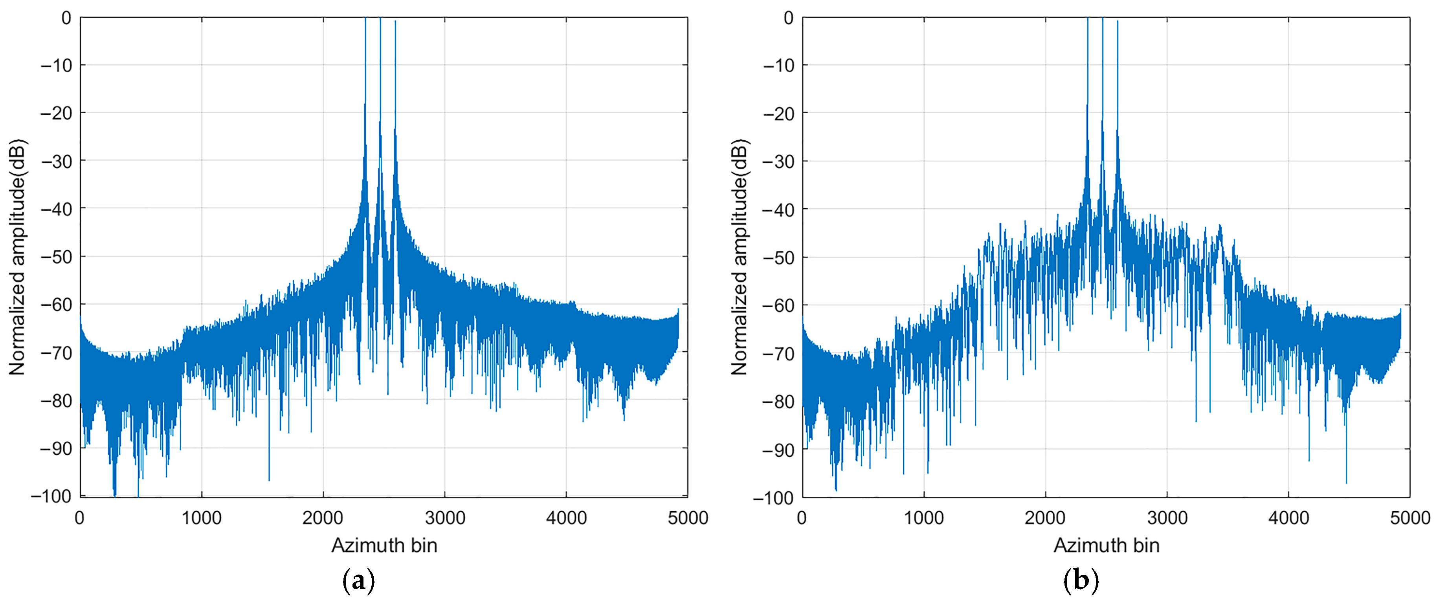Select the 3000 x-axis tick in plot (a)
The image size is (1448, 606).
click(x=445, y=518)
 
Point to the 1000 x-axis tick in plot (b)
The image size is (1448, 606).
click(x=923, y=518)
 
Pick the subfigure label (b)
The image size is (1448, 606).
click(x=1080, y=581)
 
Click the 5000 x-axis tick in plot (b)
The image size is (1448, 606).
click(x=1410, y=518)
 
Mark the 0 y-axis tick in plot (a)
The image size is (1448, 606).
click(x=66, y=18)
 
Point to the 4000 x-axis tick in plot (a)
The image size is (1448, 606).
click(x=566, y=518)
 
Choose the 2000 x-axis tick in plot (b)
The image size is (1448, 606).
click(x=1045, y=518)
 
